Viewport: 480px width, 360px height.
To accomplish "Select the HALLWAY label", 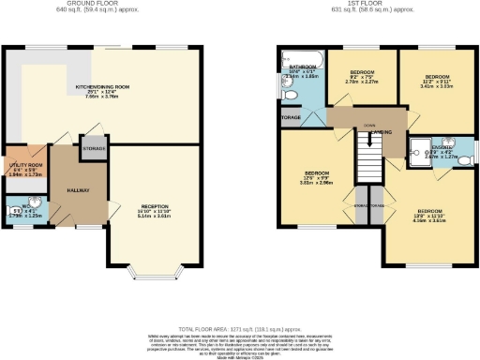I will tap(78, 189).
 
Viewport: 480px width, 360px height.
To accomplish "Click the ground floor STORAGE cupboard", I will tap(95, 148).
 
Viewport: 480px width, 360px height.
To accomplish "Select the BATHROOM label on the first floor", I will tap(303, 67).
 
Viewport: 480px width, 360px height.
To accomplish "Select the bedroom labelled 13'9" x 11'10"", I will tap(430, 216).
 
